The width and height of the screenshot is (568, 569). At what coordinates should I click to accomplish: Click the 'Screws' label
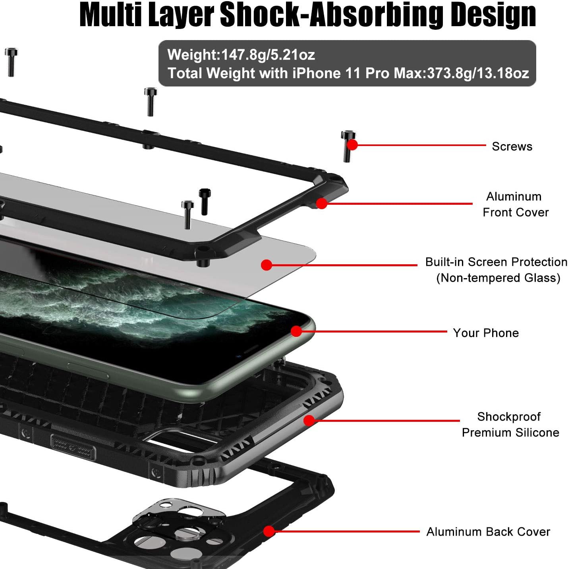point(512,146)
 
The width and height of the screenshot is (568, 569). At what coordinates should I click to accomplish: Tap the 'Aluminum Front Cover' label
point(515,204)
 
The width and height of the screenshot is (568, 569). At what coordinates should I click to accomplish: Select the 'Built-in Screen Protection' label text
point(496,262)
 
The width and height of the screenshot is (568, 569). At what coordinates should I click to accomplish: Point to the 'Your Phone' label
point(486,333)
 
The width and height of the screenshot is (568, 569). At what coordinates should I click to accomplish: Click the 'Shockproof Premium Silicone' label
point(510,425)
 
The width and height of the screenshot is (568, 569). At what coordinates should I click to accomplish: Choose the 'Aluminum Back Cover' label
point(488,531)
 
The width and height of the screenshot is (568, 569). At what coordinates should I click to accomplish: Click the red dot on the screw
point(352,145)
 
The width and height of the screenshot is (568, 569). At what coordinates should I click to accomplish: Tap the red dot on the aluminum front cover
point(321,203)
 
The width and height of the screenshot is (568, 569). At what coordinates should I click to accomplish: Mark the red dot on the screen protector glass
point(267,265)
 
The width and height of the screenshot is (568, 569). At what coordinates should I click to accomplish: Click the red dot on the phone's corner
point(296,331)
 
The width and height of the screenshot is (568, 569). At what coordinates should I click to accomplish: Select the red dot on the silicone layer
point(309,421)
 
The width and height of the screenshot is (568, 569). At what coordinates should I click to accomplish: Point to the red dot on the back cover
point(269,531)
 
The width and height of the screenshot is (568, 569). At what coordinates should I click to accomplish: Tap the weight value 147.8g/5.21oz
point(268,55)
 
